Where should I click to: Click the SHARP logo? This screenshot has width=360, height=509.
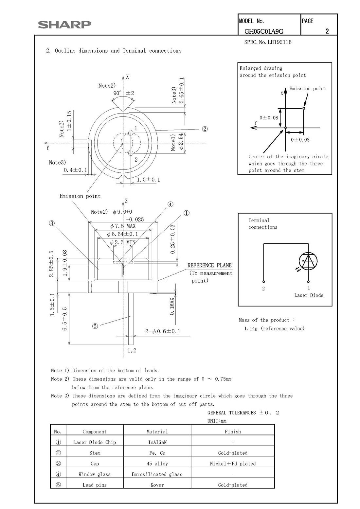pos(64,25)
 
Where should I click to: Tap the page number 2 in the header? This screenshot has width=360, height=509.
pos(327,31)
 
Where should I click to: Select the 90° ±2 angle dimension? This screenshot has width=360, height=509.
pos(123,93)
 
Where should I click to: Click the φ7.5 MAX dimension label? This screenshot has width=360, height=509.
pos(123,226)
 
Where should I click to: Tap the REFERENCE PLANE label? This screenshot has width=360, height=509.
pos(209,265)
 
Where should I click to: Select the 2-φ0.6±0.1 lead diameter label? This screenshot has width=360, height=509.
pos(163,331)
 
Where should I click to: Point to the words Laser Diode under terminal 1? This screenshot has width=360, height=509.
pos(309,295)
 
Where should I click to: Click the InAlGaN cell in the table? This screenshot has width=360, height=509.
pos(157,442)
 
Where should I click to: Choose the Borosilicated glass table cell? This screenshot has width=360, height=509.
pos(157,474)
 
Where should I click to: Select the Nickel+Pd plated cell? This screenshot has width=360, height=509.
pos(233,464)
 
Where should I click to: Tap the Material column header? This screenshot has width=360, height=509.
pos(157,431)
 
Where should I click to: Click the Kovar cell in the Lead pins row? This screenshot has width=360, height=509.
pos(157,485)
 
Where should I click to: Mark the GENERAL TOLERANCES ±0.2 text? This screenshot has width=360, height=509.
pos(243,412)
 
